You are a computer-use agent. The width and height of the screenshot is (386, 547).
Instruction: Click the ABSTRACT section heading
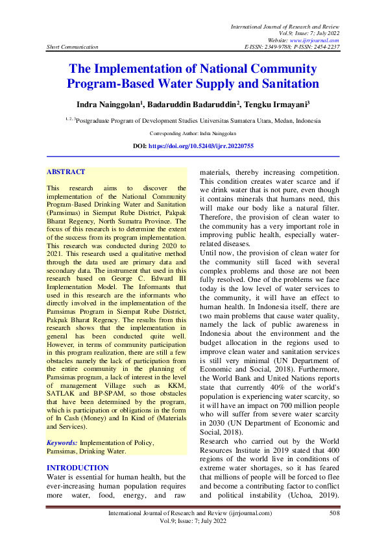(66, 172)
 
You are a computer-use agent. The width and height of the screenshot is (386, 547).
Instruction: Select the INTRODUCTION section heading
(78, 468)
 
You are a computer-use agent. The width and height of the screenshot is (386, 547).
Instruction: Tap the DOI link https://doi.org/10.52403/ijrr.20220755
(211, 147)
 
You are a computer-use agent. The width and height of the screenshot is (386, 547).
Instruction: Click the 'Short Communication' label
(73, 47)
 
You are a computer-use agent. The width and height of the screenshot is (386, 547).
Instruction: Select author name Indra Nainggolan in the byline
(113, 103)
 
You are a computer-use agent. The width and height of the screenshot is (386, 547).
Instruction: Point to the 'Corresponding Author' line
(193, 134)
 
